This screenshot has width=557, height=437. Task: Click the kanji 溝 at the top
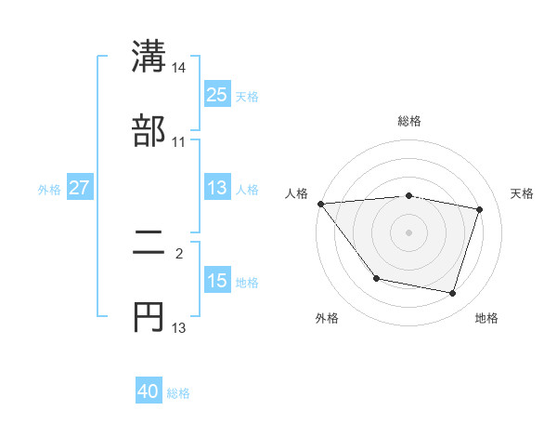pyautogui.click(x=149, y=56)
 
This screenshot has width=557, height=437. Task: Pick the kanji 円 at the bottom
pyautogui.click(x=149, y=316)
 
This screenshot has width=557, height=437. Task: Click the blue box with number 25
pyautogui.click(x=216, y=95)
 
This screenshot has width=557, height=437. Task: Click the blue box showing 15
pyautogui.click(x=216, y=281)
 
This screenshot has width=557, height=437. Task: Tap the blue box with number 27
pyautogui.click(x=80, y=188)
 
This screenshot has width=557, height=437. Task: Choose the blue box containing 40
pyautogui.click(x=149, y=392)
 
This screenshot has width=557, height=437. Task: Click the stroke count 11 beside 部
pyautogui.click(x=179, y=142)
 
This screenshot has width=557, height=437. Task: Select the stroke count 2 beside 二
pyautogui.click(x=179, y=252)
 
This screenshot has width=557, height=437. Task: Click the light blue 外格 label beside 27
pyautogui.click(x=49, y=189)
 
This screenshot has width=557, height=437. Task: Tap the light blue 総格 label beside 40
pyautogui.click(x=178, y=393)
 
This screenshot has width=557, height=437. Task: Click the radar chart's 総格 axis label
pyautogui.click(x=408, y=122)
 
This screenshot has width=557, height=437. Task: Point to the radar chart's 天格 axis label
pyautogui.click(x=522, y=193)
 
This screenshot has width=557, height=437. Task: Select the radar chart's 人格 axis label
pyautogui.click(x=296, y=193)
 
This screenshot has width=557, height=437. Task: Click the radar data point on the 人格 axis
pyautogui.click(x=320, y=204)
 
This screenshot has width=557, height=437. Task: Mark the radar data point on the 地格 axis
pyautogui.click(x=452, y=294)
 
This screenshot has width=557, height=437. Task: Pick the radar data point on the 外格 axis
pyautogui.click(x=376, y=278)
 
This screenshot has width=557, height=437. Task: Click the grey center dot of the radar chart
pyautogui.click(x=408, y=232)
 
